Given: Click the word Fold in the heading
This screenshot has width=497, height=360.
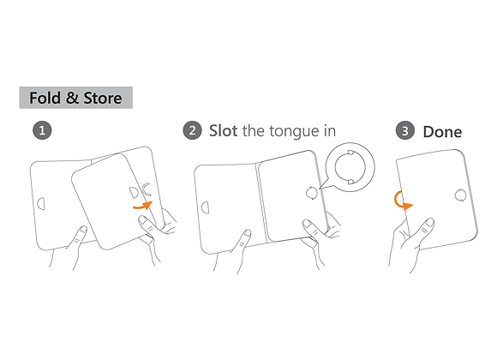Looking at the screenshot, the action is click(x=45, y=98).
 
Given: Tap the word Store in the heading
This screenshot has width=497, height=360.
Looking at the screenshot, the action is click(x=103, y=98).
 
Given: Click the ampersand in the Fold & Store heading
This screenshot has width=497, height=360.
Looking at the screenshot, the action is click(x=72, y=98).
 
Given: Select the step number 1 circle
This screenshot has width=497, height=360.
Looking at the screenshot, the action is click(x=42, y=130).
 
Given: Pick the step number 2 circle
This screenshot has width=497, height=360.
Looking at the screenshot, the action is click(x=193, y=130).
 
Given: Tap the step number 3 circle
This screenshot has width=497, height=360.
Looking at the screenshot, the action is click(x=405, y=130).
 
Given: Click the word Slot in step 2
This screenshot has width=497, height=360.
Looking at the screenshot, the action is click(x=223, y=130).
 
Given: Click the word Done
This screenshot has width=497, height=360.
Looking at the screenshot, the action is click(x=442, y=132).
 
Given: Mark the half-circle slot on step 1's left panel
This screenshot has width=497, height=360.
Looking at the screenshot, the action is click(x=41, y=203).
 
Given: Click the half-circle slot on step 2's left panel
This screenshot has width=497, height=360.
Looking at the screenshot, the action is click(x=206, y=207).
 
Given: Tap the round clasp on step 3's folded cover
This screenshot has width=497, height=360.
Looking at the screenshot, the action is click(x=460, y=195).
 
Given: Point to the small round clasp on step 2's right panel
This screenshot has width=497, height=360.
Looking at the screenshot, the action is click(x=312, y=193).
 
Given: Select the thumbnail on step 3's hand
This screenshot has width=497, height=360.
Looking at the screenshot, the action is click(x=429, y=221).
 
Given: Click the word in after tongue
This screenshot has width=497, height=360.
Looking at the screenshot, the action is click(x=330, y=130).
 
